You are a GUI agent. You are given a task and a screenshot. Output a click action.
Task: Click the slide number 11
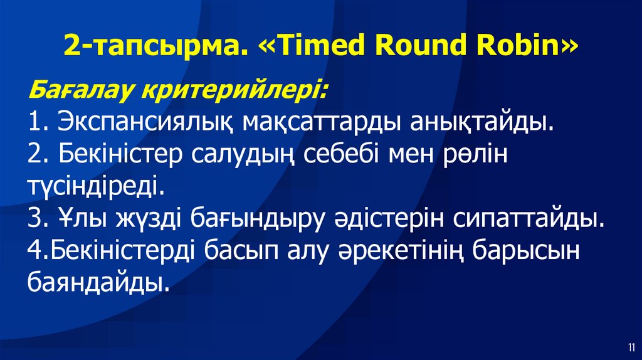[x=629, y=347]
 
